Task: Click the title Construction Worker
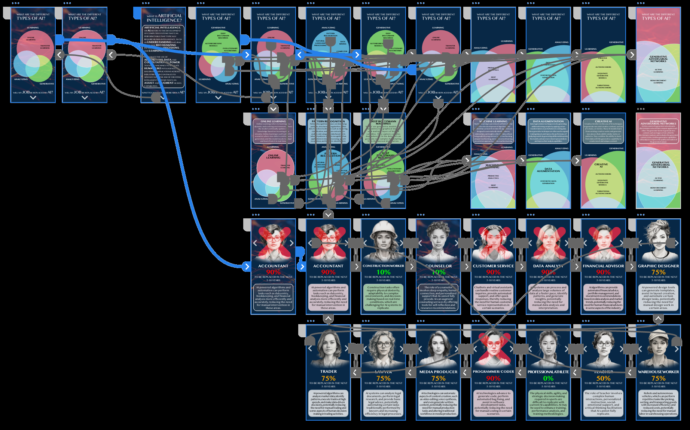point(383,266)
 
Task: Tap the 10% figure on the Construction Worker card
point(383,272)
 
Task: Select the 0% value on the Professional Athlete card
point(548,378)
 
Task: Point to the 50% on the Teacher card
point(603,378)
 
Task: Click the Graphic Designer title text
point(658,266)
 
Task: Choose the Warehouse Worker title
point(658,372)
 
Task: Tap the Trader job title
point(328,371)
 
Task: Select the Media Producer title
point(438,372)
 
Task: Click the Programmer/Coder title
point(493,372)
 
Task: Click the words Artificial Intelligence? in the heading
point(164,18)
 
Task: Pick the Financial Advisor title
point(603,266)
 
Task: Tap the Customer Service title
point(493,266)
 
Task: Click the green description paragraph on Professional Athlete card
point(548,403)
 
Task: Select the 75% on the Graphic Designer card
point(658,272)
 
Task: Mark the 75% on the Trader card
point(328,378)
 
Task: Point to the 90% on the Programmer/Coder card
point(493,378)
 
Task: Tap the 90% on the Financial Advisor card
point(603,272)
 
